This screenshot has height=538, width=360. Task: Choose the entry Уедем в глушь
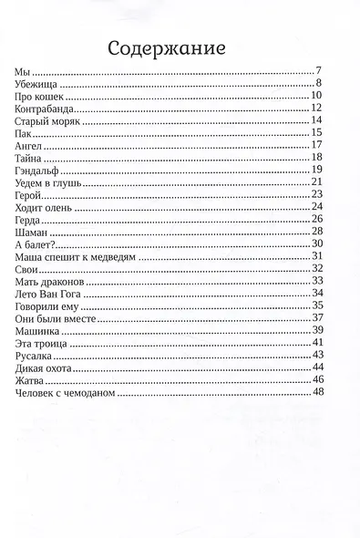click(49, 182)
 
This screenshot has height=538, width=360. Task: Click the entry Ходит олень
click(46, 207)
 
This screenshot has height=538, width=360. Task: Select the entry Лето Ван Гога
click(52, 294)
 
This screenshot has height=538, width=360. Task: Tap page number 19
click(317, 170)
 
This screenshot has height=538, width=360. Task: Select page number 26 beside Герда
click(317, 219)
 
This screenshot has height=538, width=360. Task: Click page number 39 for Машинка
click(317, 329)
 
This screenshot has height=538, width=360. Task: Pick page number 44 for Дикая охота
click(317, 367)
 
